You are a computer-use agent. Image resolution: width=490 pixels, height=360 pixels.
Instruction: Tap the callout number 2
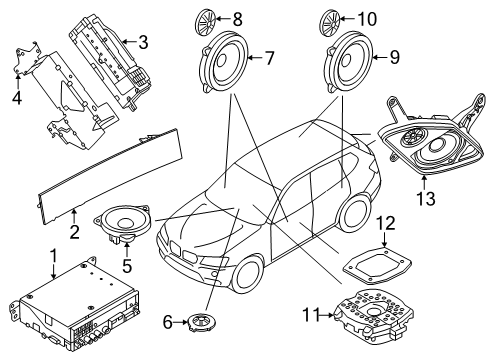click(x=75, y=231)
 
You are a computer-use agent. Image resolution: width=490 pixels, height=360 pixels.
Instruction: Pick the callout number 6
click(x=167, y=321)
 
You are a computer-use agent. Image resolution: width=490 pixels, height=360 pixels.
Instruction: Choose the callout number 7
click(x=269, y=58)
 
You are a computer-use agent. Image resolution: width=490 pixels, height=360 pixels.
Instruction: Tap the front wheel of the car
click(x=234, y=284)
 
